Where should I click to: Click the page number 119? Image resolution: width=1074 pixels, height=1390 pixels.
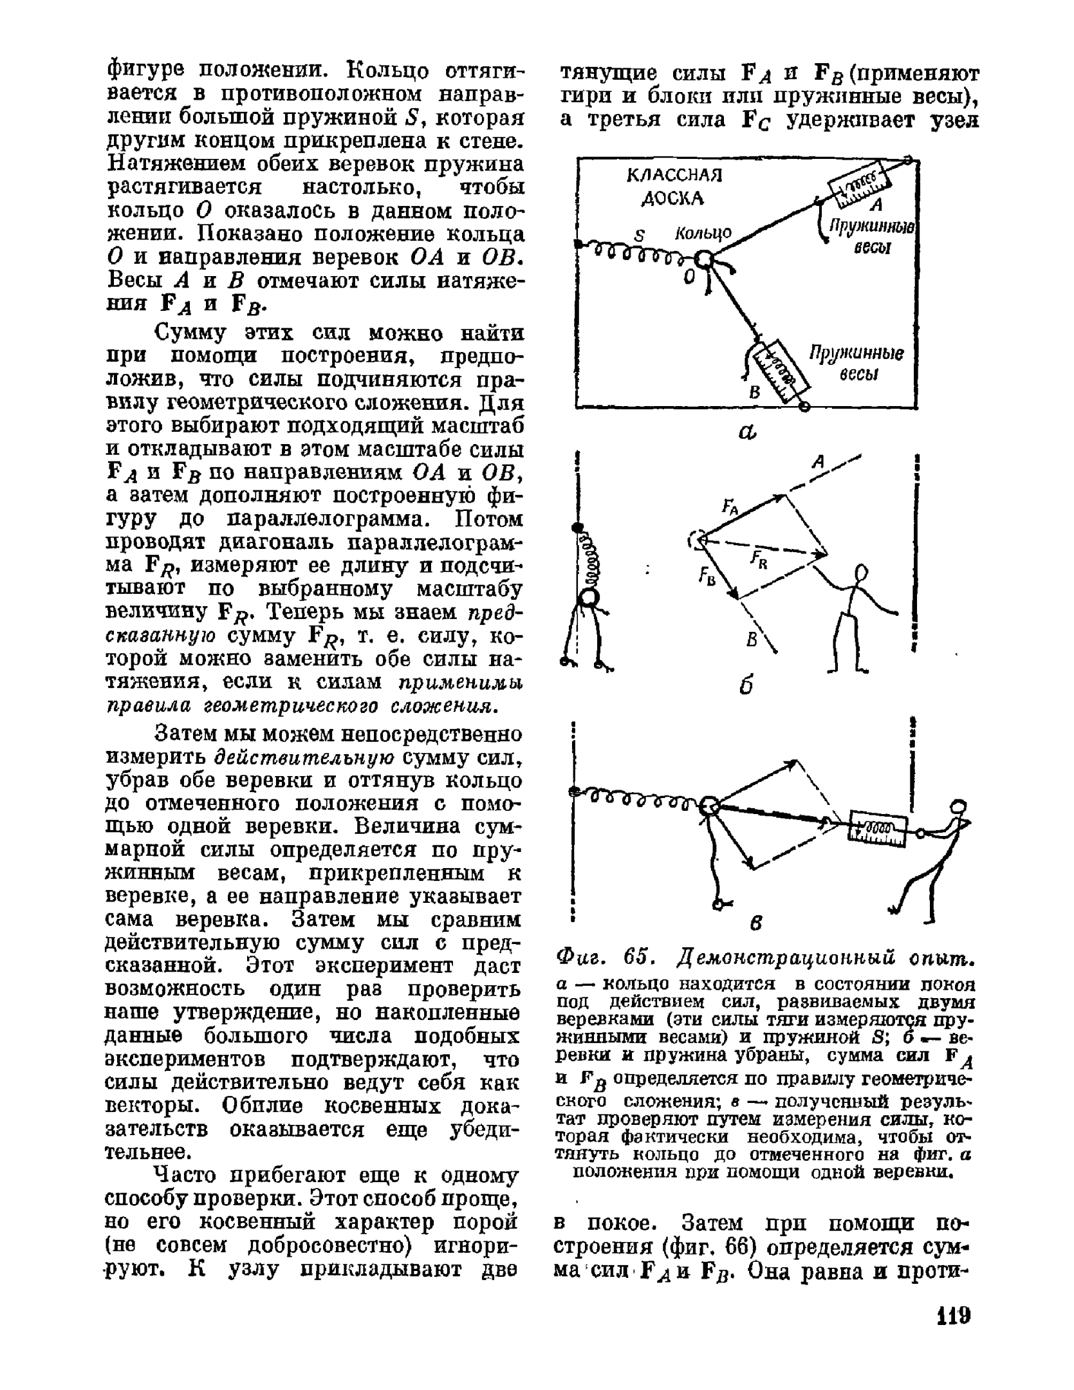952,1314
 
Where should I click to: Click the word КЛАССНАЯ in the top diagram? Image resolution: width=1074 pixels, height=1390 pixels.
674,176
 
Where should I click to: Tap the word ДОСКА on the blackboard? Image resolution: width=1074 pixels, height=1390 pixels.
673,198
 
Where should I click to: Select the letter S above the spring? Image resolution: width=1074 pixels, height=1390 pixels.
639,236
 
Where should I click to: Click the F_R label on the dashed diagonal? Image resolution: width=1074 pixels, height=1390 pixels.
760,560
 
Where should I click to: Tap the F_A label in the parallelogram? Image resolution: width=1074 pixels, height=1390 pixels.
731,506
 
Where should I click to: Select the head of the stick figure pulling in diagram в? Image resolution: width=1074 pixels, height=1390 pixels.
958,806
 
